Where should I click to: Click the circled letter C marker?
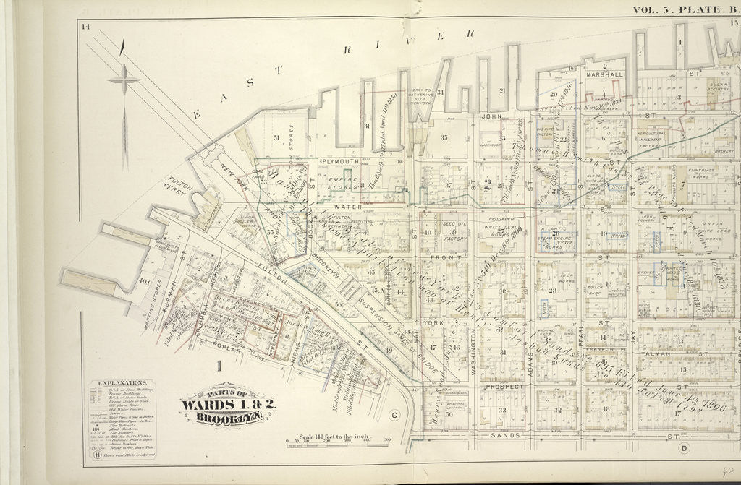coord(394,415)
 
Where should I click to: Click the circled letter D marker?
coord(684,447)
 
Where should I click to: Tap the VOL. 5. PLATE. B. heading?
coord(685,9)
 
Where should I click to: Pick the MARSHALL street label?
coord(605,74)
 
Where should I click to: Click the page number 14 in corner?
coord(85,27)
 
